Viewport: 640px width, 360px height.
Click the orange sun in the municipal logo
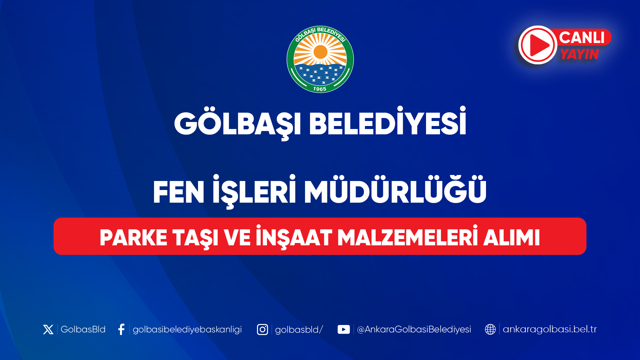click(320, 52)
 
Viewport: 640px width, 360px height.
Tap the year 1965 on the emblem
click(320, 89)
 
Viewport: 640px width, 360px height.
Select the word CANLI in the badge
click(582, 37)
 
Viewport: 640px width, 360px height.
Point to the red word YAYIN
click(580, 54)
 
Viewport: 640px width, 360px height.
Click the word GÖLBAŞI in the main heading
click(238, 124)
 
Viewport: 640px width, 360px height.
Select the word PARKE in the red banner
click(133, 238)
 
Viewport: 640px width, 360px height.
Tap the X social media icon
click(48, 329)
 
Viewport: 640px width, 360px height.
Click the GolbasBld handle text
click(83, 329)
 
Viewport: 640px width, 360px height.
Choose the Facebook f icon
click(121, 329)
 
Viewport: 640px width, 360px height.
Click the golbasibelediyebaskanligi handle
click(187, 330)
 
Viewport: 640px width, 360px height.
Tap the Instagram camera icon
click(262, 329)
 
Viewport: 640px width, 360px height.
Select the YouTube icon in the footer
click(344, 329)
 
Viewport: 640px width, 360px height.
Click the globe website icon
click(490, 329)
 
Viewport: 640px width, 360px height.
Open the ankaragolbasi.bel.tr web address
click(550, 329)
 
